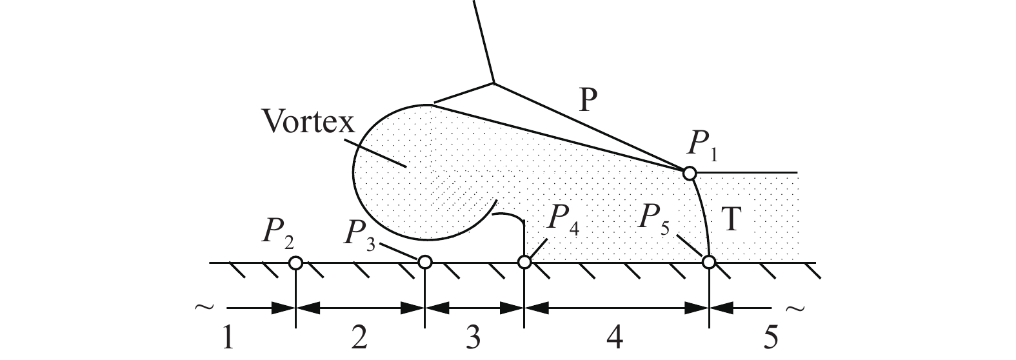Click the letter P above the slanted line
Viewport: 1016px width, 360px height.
[588, 100]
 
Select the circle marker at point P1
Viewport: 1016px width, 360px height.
[689, 173]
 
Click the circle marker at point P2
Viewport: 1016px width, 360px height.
[295, 263]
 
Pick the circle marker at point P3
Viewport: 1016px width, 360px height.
[424, 261]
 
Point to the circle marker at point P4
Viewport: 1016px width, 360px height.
[524, 262]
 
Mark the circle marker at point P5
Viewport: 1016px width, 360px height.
[709, 262]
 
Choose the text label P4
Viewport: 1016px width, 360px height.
[563, 219]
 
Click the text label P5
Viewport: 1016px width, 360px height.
[653, 219]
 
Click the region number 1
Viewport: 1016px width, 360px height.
[228, 338]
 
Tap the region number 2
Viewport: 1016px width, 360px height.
[359, 338]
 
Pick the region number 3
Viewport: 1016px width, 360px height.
[473, 338]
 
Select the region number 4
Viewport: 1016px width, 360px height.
[614, 338]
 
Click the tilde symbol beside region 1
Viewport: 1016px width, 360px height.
[204, 308]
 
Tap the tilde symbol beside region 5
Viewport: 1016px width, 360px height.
[795, 309]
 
